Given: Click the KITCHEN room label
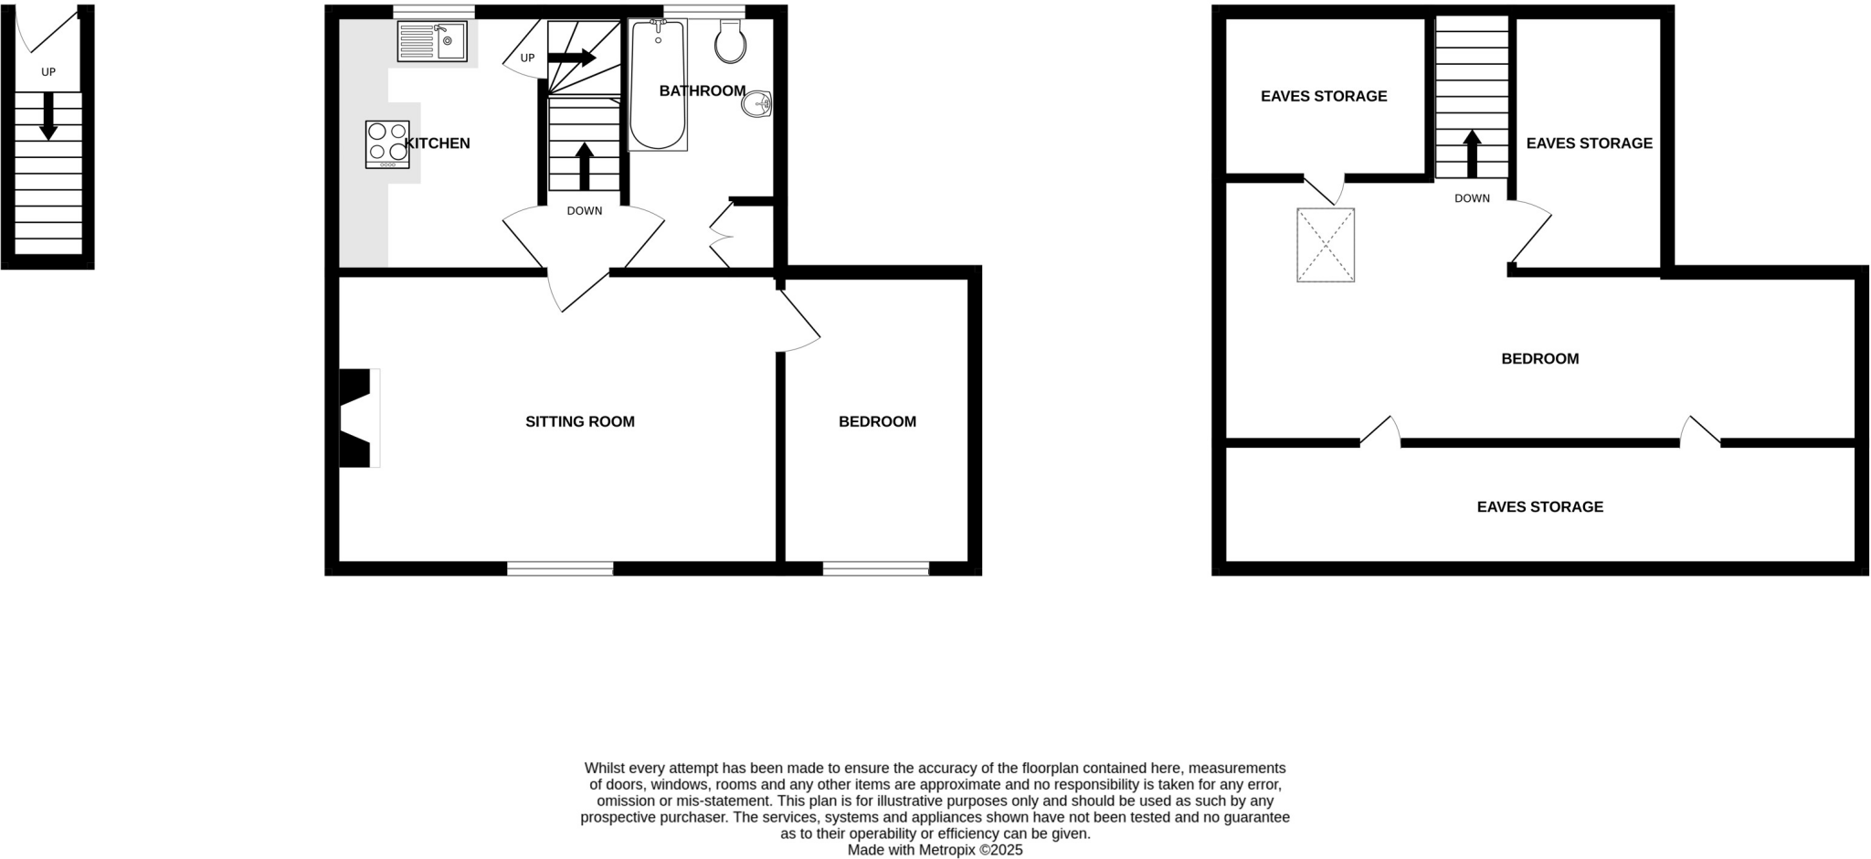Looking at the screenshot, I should coord(437,143).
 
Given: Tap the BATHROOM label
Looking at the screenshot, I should coord(703,90).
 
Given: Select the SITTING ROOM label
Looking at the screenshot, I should coord(579,421).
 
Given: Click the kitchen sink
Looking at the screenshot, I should coord(432,41).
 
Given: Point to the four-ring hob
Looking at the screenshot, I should coord(387,143).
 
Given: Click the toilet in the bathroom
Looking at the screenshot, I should coord(730,42).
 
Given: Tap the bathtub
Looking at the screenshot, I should coord(658,84).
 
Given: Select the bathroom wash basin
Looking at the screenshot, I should coord(757,104).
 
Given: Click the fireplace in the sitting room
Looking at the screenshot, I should coord(357,418).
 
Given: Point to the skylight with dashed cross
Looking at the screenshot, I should coord(1325,245).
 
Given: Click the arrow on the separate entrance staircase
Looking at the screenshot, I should coord(48,116).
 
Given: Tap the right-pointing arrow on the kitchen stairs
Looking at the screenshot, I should coord(572,58).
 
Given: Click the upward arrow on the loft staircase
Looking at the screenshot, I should coord(1472,154).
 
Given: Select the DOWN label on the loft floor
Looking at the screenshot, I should coord(1472,198).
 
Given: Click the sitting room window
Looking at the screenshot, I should coord(560,568).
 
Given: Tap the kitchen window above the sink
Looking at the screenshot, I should coord(434,12).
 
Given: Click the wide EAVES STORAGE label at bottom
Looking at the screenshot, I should coord(1539,506).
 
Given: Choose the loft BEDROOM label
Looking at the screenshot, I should coord(1539,358).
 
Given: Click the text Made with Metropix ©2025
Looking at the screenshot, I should coord(935,850).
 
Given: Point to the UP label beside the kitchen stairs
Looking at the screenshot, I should coord(527,58).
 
